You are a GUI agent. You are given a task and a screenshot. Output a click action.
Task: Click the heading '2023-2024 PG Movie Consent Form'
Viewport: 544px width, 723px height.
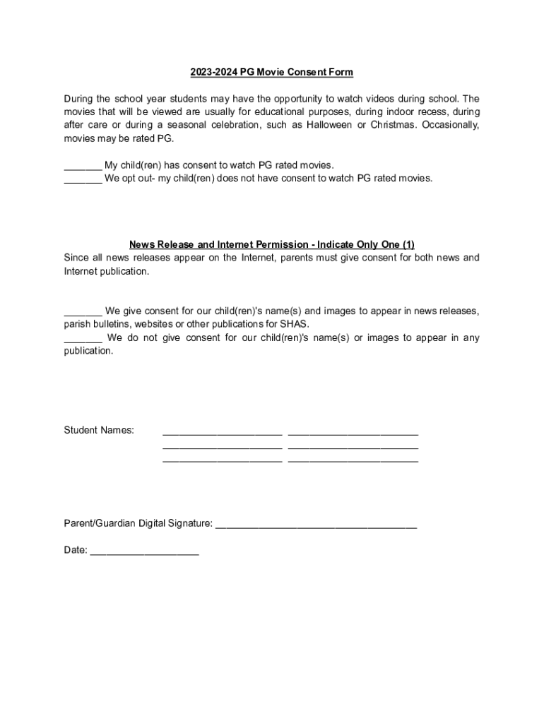click(271, 72)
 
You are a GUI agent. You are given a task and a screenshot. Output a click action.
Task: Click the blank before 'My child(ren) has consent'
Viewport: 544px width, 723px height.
click(83, 165)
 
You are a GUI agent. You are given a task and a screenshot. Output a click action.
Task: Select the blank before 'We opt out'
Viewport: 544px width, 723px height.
click(83, 179)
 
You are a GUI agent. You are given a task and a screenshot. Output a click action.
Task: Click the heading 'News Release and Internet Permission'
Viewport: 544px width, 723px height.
click(271, 244)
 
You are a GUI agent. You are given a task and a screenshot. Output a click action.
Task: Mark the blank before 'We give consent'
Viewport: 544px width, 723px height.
click(83, 311)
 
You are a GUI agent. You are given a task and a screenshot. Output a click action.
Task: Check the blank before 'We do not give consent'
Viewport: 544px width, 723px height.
click(83, 338)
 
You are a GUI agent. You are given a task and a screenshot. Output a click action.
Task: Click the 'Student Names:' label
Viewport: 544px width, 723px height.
click(99, 430)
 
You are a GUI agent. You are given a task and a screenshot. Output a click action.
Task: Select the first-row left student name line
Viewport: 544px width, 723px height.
click(223, 433)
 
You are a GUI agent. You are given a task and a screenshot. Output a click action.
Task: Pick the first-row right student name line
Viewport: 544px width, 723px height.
click(353, 433)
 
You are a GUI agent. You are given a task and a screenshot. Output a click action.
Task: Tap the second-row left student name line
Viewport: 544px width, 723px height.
click(223, 447)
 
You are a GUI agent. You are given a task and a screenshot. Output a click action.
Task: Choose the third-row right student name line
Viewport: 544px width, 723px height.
click(353, 460)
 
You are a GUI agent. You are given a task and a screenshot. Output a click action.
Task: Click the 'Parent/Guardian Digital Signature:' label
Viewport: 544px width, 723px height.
click(138, 523)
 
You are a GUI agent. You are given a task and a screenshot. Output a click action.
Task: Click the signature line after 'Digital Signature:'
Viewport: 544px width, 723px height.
click(316, 527)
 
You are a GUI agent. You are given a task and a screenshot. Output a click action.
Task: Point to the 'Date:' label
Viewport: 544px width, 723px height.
click(76, 550)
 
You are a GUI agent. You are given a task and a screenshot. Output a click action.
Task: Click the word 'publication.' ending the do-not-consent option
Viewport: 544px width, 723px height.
click(88, 351)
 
